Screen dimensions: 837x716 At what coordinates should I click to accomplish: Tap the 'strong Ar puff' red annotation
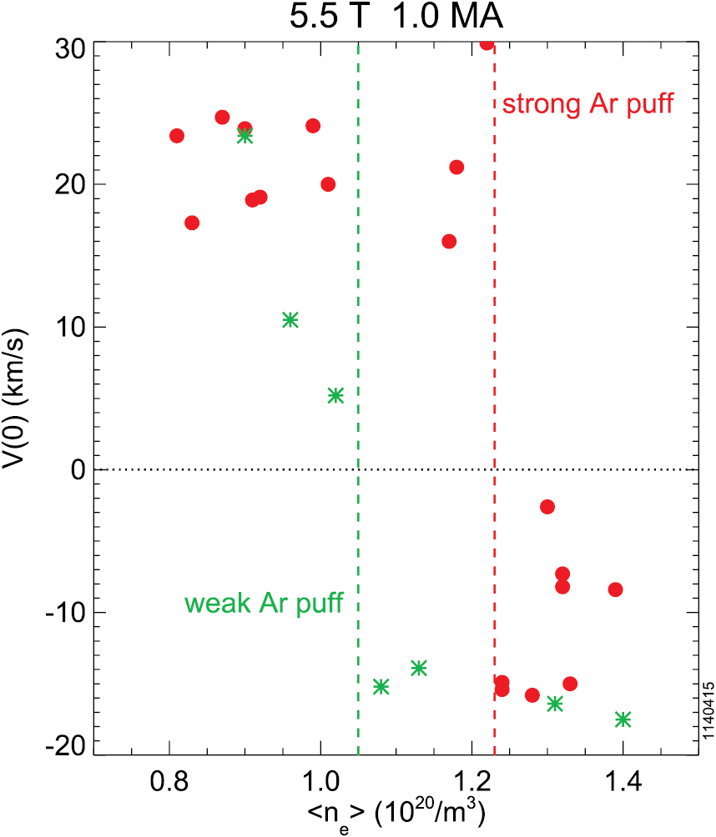point(588,105)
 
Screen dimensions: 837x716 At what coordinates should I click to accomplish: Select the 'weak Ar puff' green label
point(264,603)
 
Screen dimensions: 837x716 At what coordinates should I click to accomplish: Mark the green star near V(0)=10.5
point(290,319)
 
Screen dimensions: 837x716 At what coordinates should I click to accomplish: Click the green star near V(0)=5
point(335,395)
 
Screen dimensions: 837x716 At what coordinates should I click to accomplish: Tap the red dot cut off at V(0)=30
point(487,43)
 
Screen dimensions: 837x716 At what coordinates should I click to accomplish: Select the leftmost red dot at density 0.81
point(177,136)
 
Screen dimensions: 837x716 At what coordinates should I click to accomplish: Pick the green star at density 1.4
point(623,719)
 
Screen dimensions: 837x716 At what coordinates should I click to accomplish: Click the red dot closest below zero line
point(547,507)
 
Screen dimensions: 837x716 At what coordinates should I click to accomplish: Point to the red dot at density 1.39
point(615,589)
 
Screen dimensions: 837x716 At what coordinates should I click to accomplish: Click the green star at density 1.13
point(419,668)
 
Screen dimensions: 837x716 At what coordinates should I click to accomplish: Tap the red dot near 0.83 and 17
point(192,223)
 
